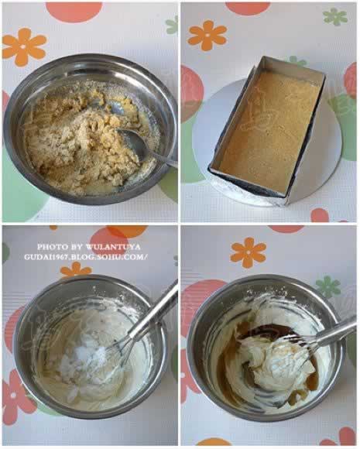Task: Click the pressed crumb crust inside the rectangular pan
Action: pyautogui.click(x=269, y=129)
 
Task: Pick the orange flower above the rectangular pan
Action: pyautogui.click(x=207, y=36)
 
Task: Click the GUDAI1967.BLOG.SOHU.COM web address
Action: pyautogui.click(x=86, y=257)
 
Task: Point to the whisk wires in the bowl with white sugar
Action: pyautogui.click(x=120, y=348)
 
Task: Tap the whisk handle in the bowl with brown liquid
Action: pyautogui.click(x=335, y=331)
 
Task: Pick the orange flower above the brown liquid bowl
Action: pyautogui.click(x=249, y=252)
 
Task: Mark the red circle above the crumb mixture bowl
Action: pyautogui.click(x=74, y=12)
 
